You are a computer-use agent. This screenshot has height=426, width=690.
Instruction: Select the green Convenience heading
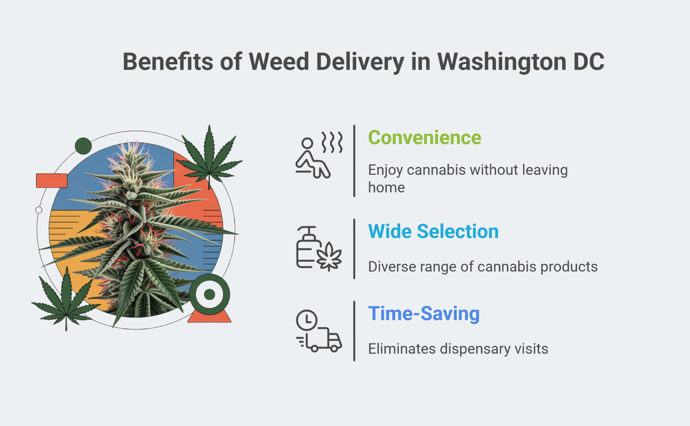pyautogui.click(x=424, y=138)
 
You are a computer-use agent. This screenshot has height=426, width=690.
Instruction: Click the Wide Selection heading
pyautogui.click(x=433, y=232)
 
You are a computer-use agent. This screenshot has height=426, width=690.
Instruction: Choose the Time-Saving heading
pyautogui.click(x=423, y=313)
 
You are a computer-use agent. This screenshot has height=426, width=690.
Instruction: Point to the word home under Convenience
pyautogui.click(x=386, y=188)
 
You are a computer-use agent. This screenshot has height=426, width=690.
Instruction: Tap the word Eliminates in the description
pyautogui.click(x=401, y=349)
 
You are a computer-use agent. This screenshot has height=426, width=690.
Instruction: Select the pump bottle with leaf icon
pyautogui.click(x=318, y=249)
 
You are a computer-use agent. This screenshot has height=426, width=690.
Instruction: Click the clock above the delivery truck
pyautogui.click(x=307, y=320)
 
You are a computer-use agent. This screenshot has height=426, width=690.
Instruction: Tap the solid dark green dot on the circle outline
pyautogui.click(x=83, y=146)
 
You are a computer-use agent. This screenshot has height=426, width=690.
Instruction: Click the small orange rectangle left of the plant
pyautogui.click(x=52, y=181)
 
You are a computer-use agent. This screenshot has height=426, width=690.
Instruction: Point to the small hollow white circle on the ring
pyautogui.click(x=39, y=210)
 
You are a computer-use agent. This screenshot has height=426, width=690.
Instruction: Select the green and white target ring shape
pyautogui.click(x=210, y=294)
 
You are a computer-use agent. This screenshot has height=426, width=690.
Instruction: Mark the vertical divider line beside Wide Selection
pyautogui.click(x=354, y=249)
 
